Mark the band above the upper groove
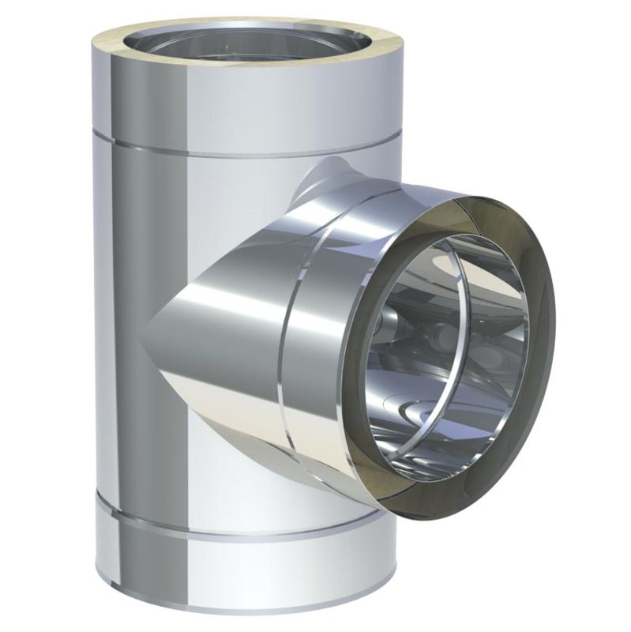point(237,111)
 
